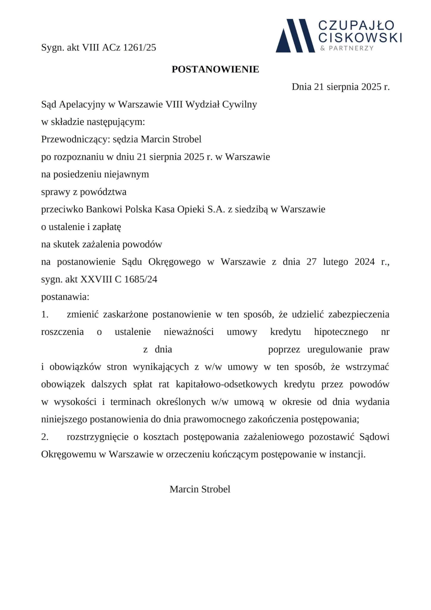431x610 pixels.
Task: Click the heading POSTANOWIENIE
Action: (x=215, y=69)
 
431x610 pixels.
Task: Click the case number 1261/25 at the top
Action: (x=140, y=48)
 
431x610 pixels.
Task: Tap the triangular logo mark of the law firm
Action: (x=295, y=36)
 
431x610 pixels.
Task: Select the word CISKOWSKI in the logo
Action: (x=360, y=38)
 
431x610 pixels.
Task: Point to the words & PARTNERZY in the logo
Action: (x=347, y=48)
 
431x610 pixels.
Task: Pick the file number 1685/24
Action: (x=140, y=279)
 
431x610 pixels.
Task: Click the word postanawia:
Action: (x=65, y=297)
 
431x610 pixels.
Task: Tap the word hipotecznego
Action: (x=341, y=332)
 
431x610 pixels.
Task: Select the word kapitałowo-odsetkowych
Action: (x=227, y=385)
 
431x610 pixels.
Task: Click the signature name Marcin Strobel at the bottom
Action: (x=200, y=489)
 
